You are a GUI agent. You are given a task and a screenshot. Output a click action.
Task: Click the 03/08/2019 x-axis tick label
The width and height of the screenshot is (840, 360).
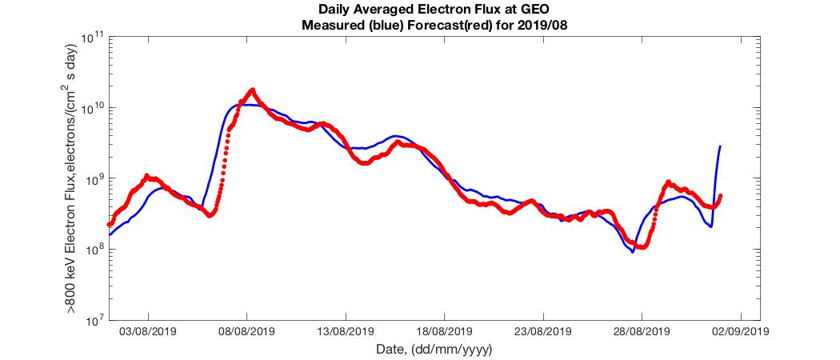point(148,331)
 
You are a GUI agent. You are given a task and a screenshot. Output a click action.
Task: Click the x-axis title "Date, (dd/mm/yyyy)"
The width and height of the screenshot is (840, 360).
point(433,349)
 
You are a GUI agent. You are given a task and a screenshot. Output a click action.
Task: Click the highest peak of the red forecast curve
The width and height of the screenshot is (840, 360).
point(253,90)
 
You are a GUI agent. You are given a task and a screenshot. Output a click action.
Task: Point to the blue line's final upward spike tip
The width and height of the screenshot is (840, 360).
point(721,146)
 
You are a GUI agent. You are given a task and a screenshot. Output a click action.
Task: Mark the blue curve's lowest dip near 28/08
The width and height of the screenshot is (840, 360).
point(633,252)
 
